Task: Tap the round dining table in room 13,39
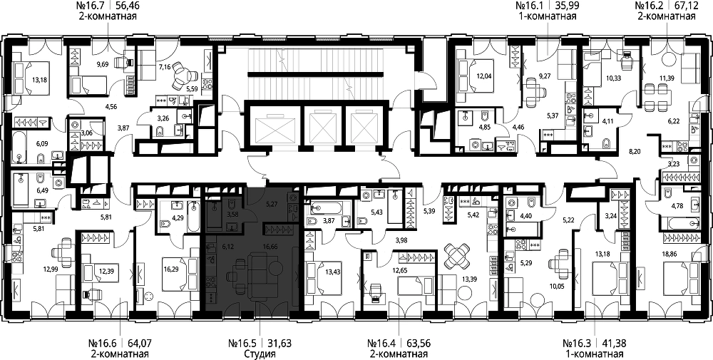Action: point(456,257)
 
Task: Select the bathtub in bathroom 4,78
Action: point(682,224)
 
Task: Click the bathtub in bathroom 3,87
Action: point(327,209)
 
